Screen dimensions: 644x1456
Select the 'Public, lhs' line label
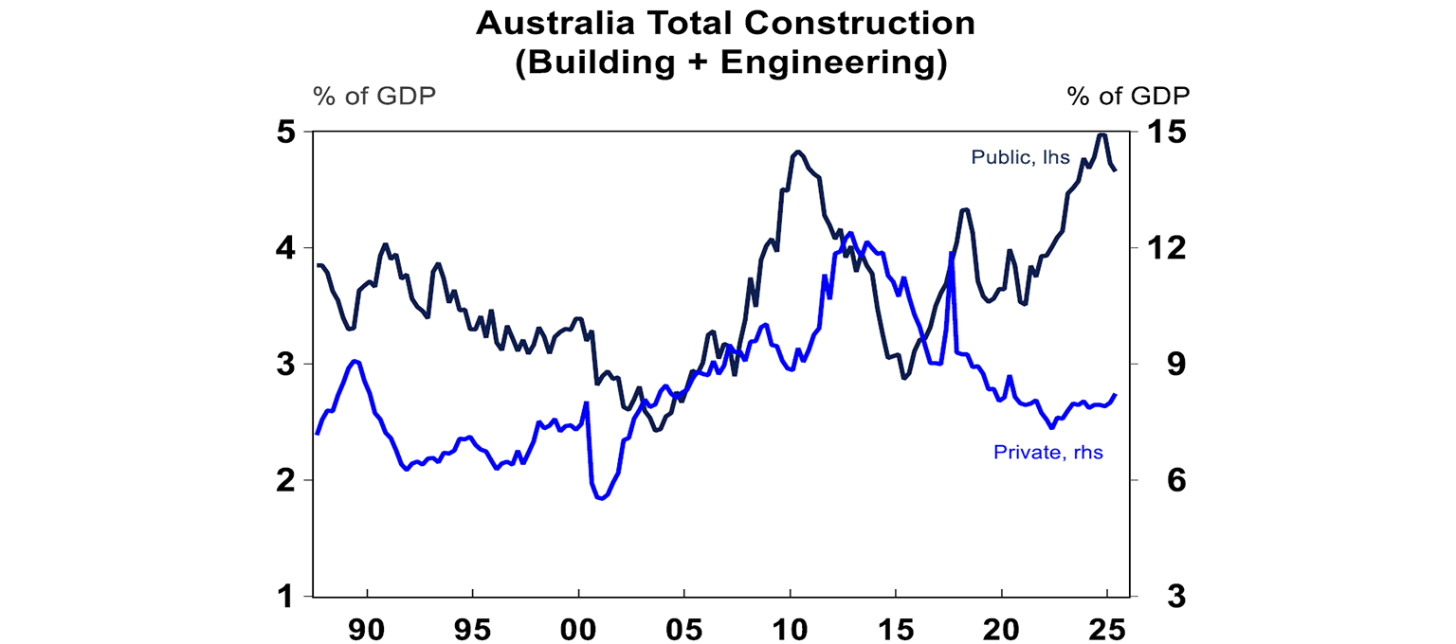(x=1020, y=158)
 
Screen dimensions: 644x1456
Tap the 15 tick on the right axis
(x=1168, y=132)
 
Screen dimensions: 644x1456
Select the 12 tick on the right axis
(x=1168, y=248)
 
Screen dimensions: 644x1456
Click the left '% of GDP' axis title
(x=373, y=96)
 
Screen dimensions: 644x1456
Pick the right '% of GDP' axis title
(x=1128, y=96)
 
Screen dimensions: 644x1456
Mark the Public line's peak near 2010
(x=797, y=152)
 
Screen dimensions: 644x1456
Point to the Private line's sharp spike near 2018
(x=950, y=253)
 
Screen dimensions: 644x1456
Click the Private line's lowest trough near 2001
(x=602, y=498)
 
